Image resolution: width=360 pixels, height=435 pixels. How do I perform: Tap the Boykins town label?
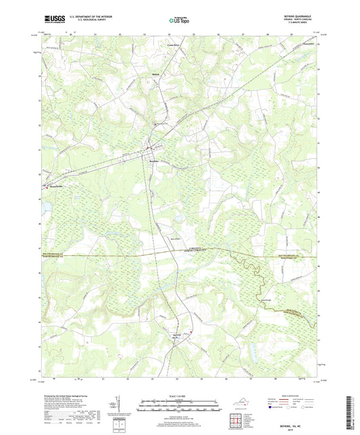154,161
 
